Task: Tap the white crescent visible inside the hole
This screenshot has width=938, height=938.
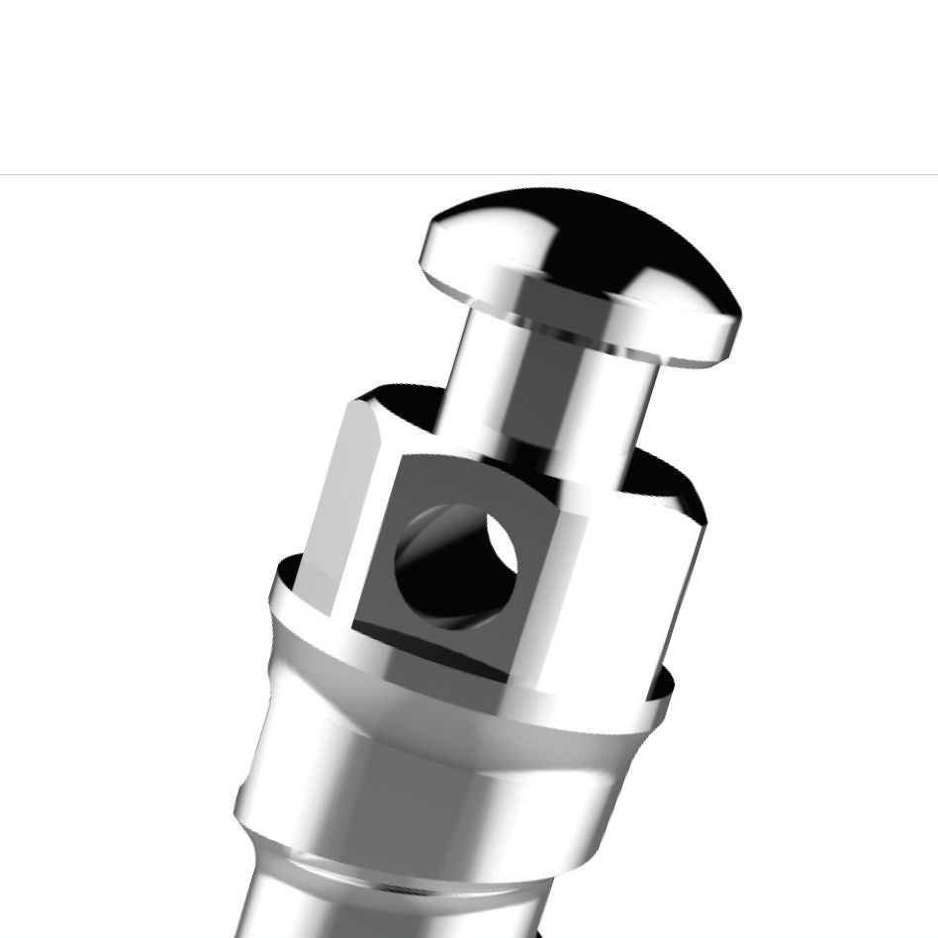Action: pyautogui.click(x=501, y=542)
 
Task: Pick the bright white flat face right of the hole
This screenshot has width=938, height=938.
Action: pyautogui.click(x=623, y=584)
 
